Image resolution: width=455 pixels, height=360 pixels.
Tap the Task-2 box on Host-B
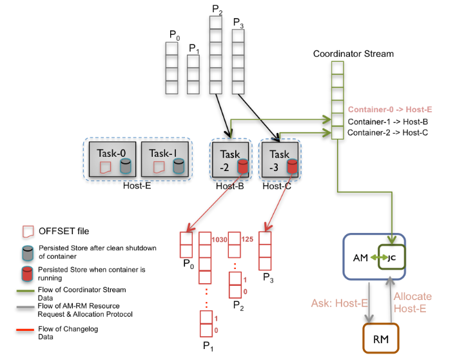(x=229, y=161)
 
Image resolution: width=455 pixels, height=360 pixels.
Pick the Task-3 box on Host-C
(x=279, y=161)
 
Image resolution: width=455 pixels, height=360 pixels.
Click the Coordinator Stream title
(x=353, y=54)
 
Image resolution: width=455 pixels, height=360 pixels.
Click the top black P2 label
(x=217, y=9)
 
